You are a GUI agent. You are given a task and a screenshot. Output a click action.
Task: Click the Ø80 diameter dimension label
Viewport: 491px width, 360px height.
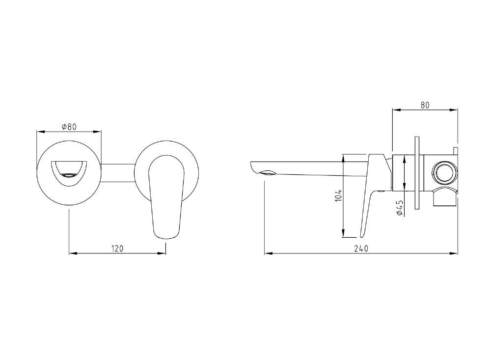click(x=69, y=127)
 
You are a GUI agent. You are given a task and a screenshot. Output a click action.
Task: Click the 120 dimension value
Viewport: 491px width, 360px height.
click(x=117, y=249)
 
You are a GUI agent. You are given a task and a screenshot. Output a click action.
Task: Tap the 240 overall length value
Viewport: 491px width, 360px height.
click(x=361, y=249)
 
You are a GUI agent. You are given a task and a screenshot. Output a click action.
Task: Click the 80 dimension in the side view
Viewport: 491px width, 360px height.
click(x=425, y=105)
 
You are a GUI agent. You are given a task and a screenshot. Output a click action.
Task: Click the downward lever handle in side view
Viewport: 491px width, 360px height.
click(x=369, y=201)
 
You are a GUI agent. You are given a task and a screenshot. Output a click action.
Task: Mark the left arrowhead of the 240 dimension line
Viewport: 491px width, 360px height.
click(x=268, y=254)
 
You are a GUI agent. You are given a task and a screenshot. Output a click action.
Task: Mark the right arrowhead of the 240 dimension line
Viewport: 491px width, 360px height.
click(x=455, y=254)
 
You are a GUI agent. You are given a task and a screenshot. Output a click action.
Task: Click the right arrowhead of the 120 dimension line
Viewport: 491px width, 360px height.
click(x=163, y=253)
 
